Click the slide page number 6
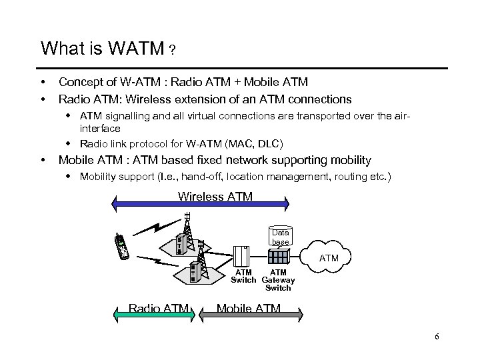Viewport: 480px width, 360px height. [x=437, y=336]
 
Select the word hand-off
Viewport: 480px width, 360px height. [x=197, y=177]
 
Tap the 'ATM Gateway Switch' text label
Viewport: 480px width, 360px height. [x=278, y=280]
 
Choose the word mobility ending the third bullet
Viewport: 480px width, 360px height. [x=347, y=160]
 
